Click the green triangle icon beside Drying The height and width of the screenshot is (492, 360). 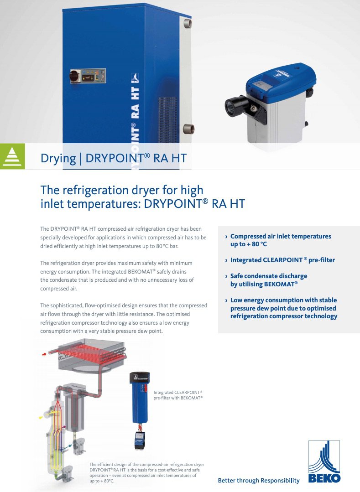point(12,156)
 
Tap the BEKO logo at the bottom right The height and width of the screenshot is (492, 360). point(324,461)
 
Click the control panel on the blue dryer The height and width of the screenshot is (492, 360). point(88,76)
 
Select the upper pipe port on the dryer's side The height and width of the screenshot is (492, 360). point(188,23)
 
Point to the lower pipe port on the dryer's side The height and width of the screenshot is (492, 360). point(189,129)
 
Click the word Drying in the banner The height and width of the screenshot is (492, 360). point(58,158)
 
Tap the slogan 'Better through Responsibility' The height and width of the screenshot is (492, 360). point(259,481)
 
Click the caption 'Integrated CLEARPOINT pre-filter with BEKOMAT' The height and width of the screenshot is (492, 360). point(178,395)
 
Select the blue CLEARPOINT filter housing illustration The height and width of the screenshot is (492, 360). point(140,397)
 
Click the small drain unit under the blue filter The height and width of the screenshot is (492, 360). point(140,440)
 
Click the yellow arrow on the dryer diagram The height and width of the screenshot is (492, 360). point(41,418)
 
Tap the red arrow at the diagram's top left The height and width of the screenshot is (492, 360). point(44,354)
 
